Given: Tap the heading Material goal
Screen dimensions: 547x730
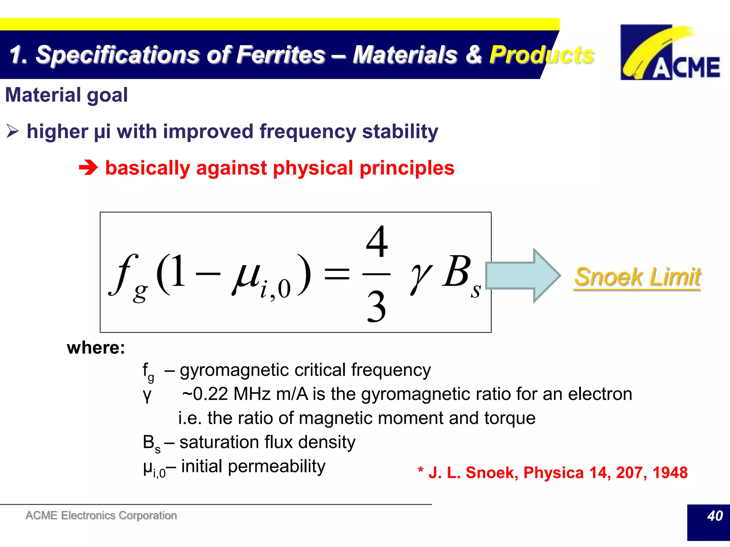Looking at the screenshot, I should coord(66,95).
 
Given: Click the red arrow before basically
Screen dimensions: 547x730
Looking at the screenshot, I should coord(88,168).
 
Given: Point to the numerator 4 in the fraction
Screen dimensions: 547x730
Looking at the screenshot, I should coord(376,242).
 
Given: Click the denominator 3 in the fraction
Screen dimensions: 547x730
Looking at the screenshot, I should coord(376,307).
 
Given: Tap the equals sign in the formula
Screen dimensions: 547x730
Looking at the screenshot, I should coord(336,274).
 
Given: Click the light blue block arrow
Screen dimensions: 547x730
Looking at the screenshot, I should coord(523,275).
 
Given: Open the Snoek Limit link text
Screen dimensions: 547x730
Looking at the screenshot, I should coord(637,277).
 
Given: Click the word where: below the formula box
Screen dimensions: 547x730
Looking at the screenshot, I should coord(96,348).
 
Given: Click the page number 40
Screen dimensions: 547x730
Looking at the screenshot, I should coord(714,516).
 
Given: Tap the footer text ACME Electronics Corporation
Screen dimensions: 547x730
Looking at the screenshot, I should coord(101,515).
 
